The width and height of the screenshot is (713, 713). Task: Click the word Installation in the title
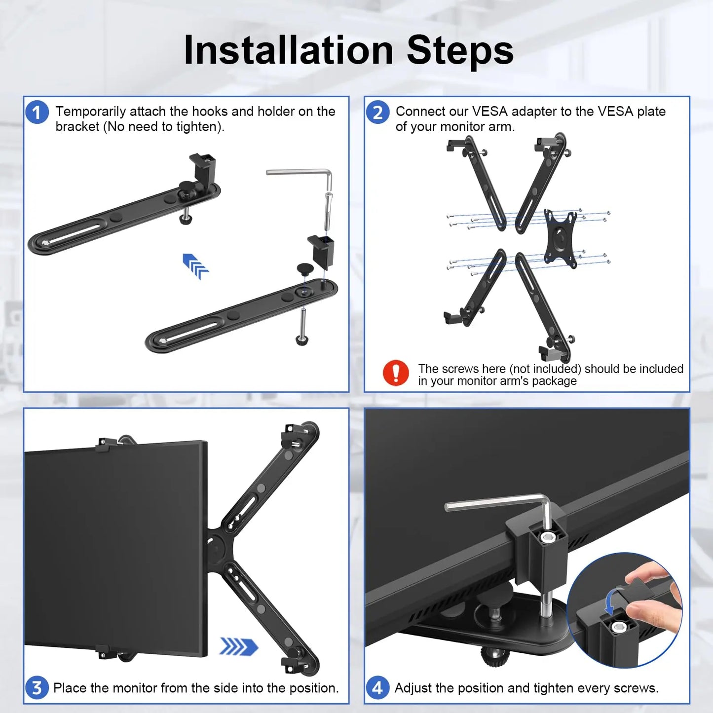point(288,50)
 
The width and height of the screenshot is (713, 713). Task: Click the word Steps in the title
point(460,50)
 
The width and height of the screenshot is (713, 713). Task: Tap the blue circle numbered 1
point(37,112)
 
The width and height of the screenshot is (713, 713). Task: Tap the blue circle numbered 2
point(377,112)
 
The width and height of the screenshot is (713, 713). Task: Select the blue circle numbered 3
point(37,687)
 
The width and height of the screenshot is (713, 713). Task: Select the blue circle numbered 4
point(377,687)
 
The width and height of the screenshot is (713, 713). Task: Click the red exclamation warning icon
point(396,373)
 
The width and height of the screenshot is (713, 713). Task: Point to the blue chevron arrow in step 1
point(196,266)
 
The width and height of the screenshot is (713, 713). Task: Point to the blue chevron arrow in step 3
point(239,646)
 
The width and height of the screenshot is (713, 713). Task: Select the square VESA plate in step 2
point(561,238)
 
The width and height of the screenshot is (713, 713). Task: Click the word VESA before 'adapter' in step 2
point(490,112)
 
